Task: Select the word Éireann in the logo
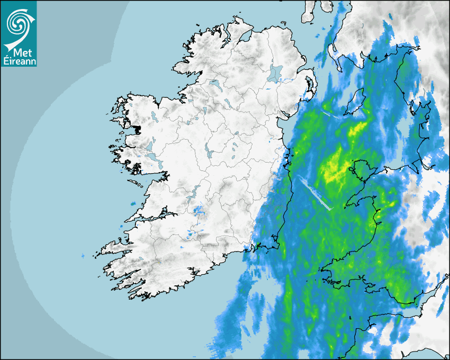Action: point(19,61)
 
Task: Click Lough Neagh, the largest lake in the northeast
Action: point(275,73)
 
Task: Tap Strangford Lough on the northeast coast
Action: point(311,87)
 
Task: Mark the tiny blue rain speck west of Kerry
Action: point(83,256)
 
